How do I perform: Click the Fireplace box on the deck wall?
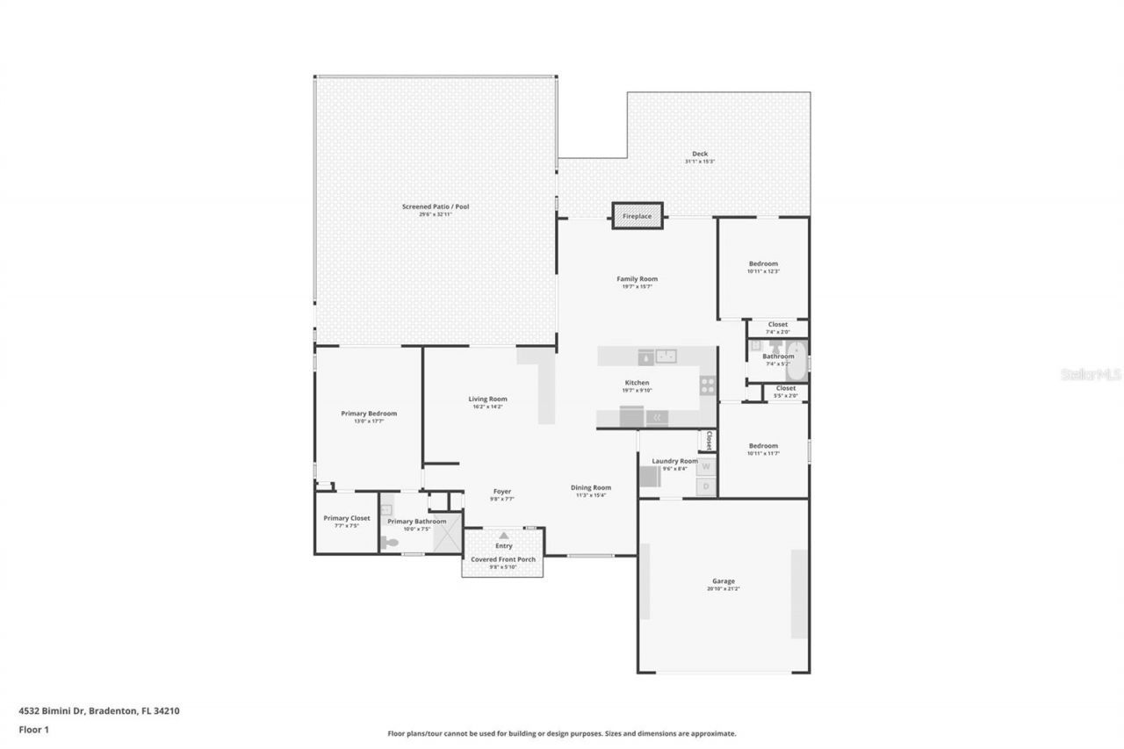[638, 215]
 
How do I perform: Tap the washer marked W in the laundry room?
[705, 466]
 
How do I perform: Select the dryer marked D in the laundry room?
[705, 486]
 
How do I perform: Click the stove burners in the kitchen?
[707, 385]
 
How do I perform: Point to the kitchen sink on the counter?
[666, 356]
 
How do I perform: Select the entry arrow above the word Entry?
[503, 535]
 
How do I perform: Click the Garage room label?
[724, 581]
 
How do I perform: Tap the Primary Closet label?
[347, 518]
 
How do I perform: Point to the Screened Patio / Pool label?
[436, 206]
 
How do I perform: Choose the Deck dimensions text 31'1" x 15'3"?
[700, 162]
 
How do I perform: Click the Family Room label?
[637, 279]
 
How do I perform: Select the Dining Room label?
[591, 487]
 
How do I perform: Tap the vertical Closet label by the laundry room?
[709, 440]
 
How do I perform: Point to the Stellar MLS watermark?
[1091, 374]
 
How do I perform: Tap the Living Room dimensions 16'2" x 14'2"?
[487, 407]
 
